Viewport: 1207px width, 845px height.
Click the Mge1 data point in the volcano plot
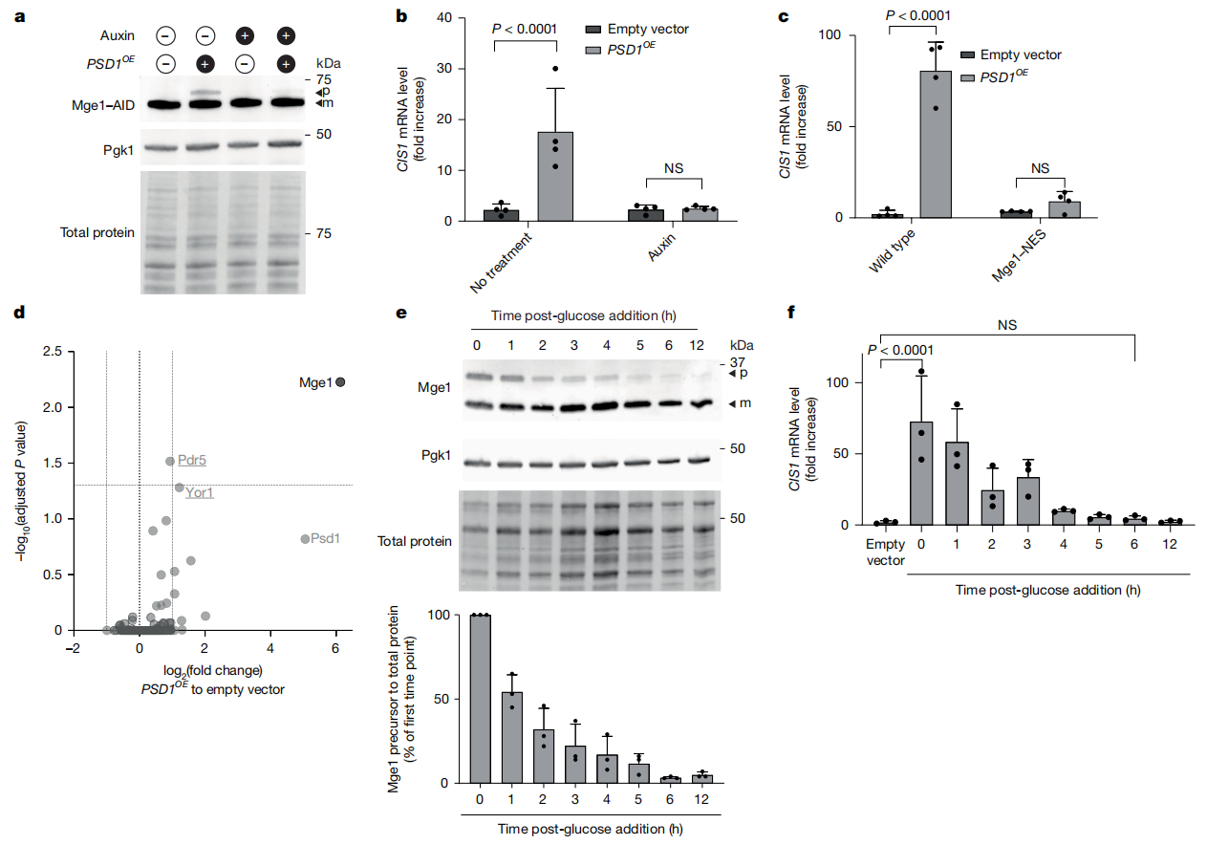click(x=340, y=382)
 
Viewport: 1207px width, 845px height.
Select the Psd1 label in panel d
click(x=326, y=539)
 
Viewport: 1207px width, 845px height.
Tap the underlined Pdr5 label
click(x=192, y=460)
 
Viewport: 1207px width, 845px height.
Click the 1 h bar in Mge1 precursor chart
click(x=512, y=737)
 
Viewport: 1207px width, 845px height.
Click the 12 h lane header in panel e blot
click(x=701, y=344)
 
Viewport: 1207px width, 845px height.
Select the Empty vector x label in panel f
click(x=885, y=553)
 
